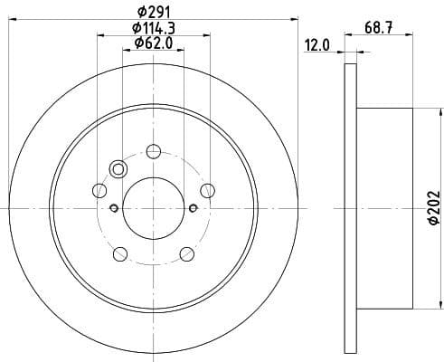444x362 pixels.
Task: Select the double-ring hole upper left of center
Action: click(118, 168)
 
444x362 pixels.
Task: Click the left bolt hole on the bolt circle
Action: click(99, 190)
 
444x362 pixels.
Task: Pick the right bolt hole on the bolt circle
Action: click(208, 190)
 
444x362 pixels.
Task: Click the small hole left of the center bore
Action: click(114, 208)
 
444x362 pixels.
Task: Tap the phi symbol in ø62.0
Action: click(137, 43)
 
